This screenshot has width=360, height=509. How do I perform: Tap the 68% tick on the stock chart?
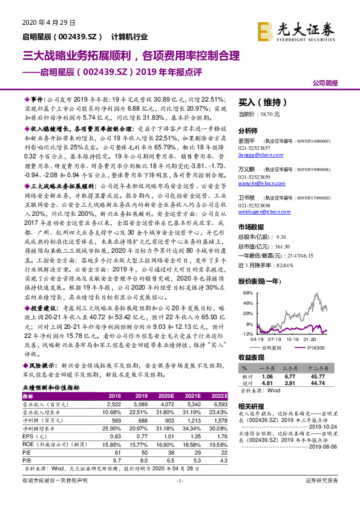247,293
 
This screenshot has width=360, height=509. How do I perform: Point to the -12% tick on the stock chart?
246,333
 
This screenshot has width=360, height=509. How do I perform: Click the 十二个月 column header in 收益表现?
318,368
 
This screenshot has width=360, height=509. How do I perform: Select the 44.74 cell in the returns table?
318,383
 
